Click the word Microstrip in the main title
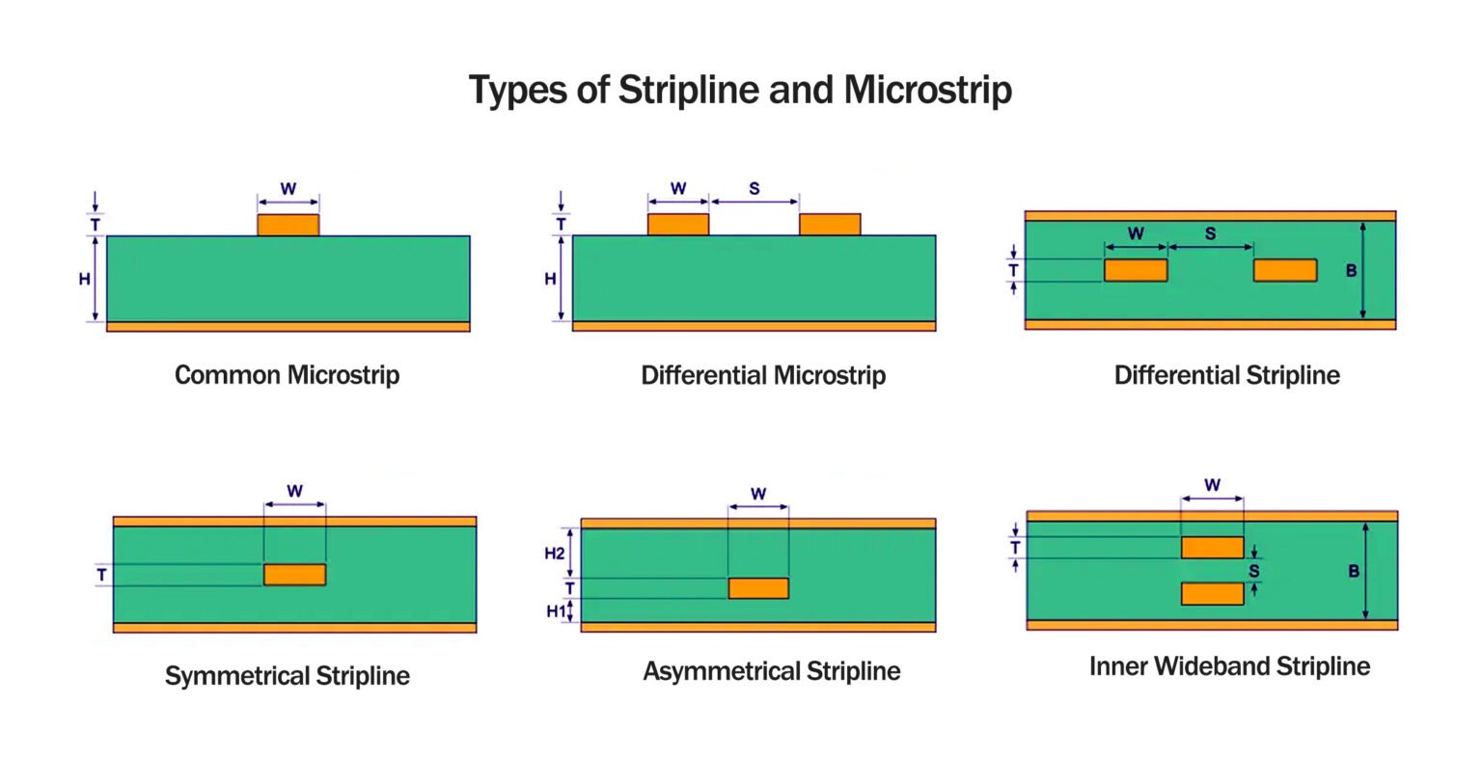(927, 90)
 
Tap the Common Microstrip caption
(287, 374)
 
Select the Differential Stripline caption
(1226, 374)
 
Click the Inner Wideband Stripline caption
(1229, 665)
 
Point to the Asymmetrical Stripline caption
(772, 670)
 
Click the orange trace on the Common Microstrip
(288, 225)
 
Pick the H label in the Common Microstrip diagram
(85, 279)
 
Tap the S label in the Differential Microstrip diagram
(755, 189)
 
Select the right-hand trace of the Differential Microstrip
(830, 225)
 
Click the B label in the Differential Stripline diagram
(1351, 271)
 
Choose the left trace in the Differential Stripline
(1136, 270)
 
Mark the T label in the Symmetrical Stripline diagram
(101, 575)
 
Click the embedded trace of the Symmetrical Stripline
(294, 575)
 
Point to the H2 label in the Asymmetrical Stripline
(554, 554)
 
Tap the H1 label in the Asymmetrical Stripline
(556, 610)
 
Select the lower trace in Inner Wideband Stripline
(1212, 594)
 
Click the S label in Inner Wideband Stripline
(1254, 571)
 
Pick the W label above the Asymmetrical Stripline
(758, 494)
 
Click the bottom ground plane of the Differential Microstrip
(754, 327)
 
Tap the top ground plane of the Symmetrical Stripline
(294, 521)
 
